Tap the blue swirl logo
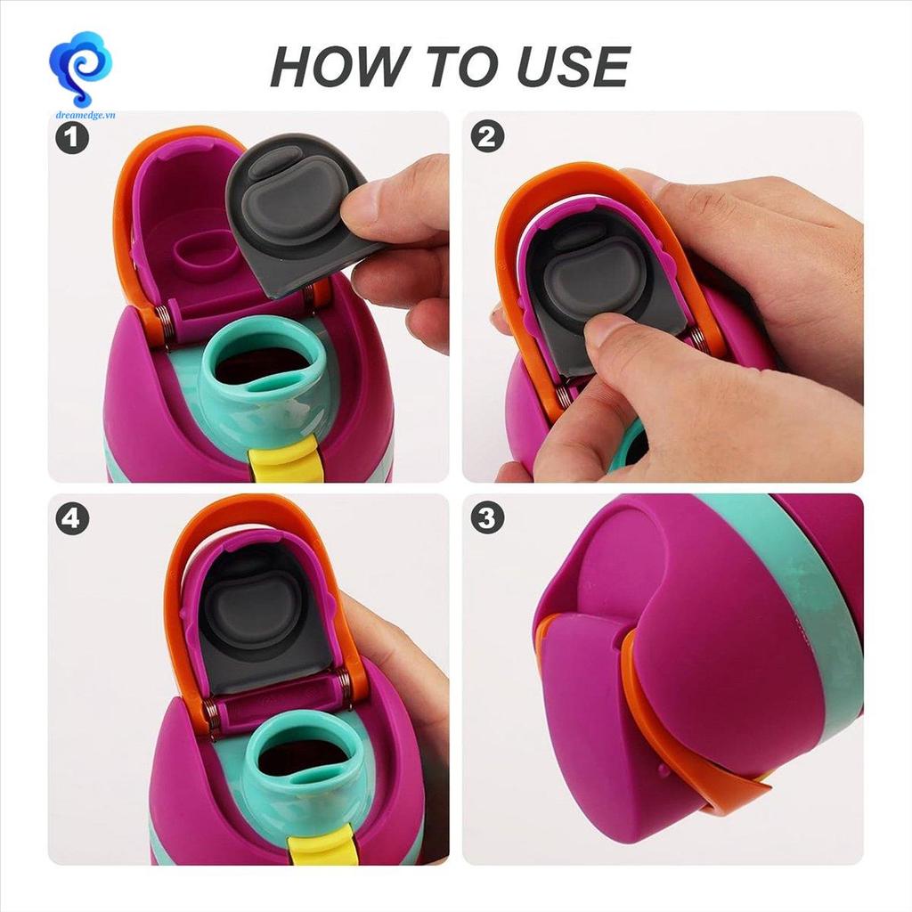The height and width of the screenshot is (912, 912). (x=81, y=69)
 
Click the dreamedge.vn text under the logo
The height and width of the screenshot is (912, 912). (x=85, y=115)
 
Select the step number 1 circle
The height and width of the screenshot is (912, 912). (x=72, y=138)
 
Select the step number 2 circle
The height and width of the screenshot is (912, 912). (x=487, y=136)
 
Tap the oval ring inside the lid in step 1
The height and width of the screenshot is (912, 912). (x=205, y=254)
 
